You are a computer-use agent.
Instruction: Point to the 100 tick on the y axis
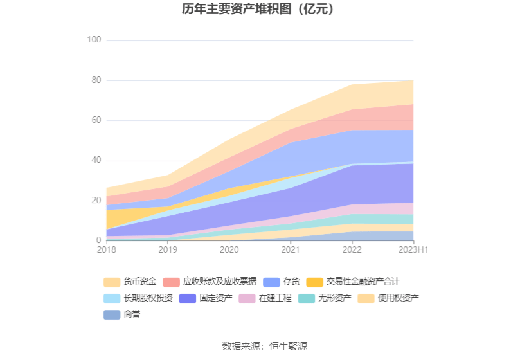point(94,40)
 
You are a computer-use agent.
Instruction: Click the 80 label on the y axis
point(96,80)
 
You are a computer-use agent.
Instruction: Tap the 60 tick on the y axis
point(96,120)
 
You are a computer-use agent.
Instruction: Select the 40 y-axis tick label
point(96,160)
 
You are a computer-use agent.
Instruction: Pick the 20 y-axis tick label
point(96,200)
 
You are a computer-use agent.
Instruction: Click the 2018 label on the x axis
point(107,249)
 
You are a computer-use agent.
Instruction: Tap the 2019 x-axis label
point(168,249)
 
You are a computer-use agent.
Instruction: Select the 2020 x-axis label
point(229,249)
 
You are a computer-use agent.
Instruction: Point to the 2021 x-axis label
point(291,249)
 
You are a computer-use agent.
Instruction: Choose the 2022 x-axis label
point(352,249)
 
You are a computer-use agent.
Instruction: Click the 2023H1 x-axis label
point(413,249)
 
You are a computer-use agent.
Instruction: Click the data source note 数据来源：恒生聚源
point(264,346)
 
